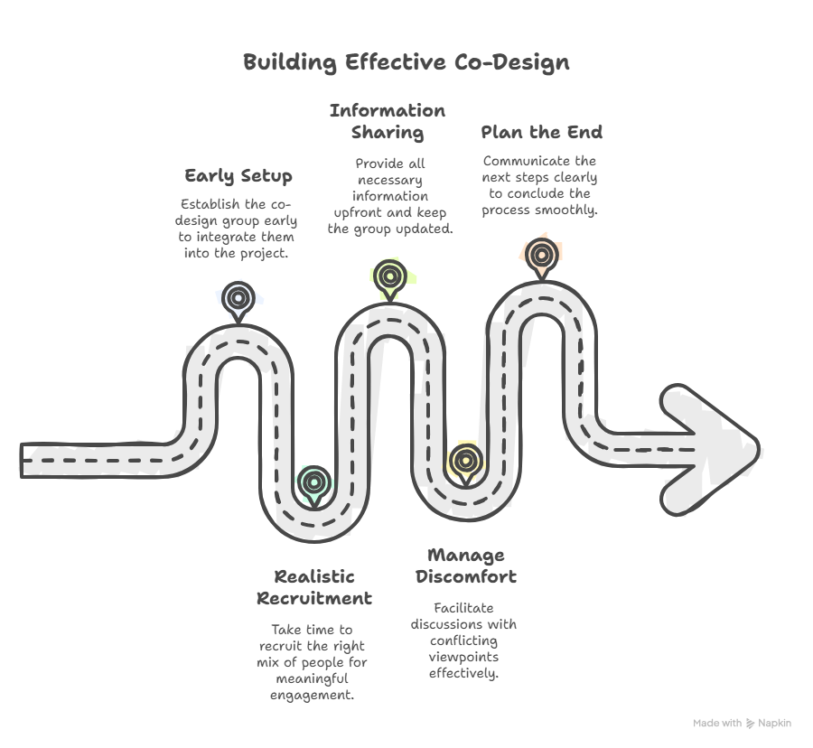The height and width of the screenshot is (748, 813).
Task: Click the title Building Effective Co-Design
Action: (x=406, y=62)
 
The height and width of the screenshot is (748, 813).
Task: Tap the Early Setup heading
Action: (x=238, y=175)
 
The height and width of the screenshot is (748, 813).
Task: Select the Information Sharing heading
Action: (x=388, y=122)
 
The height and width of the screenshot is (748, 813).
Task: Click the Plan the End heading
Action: (x=541, y=132)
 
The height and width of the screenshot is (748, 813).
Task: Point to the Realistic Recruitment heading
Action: (x=314, y=587)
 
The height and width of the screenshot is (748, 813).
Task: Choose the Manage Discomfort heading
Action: (x=465, y=566)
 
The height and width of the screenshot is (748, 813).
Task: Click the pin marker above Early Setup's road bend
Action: (x=238, y=297)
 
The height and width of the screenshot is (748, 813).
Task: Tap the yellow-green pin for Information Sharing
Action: (x=389, y=276)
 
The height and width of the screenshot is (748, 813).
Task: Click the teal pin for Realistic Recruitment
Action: (x=313, y=481)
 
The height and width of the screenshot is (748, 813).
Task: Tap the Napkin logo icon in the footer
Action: (x=750, y=723)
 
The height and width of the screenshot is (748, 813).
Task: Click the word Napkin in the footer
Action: (x=774, y=723)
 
